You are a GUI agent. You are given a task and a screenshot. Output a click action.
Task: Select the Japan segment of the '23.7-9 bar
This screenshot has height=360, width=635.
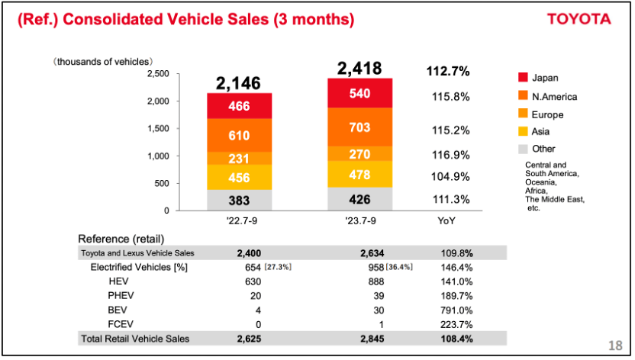(x=359, y=93)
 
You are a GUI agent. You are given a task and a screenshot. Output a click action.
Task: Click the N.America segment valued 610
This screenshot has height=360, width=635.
(x=239, y=135)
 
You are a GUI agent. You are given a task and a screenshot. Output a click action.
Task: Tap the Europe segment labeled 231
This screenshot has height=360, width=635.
(x=239, y=158)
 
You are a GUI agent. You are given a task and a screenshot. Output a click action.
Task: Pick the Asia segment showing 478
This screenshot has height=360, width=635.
(x=359, y=174)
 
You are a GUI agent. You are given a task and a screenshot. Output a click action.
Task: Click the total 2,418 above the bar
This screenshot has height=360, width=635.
(x=359, y=69)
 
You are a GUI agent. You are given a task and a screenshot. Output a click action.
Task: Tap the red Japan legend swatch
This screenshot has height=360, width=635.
(x=523, y=77)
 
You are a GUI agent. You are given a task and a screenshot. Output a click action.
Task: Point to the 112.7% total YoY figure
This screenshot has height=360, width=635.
(x=447, y=72)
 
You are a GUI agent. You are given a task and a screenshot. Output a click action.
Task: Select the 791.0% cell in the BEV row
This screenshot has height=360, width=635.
(x=456, y=310)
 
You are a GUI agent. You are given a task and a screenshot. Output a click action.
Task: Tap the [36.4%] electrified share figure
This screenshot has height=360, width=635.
(x=397, y=268)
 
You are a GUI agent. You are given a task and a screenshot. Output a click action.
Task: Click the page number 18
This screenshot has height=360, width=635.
(x=616, y=344)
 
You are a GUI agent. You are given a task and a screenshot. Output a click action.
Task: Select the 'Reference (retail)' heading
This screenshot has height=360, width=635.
(x=121, y=239)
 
